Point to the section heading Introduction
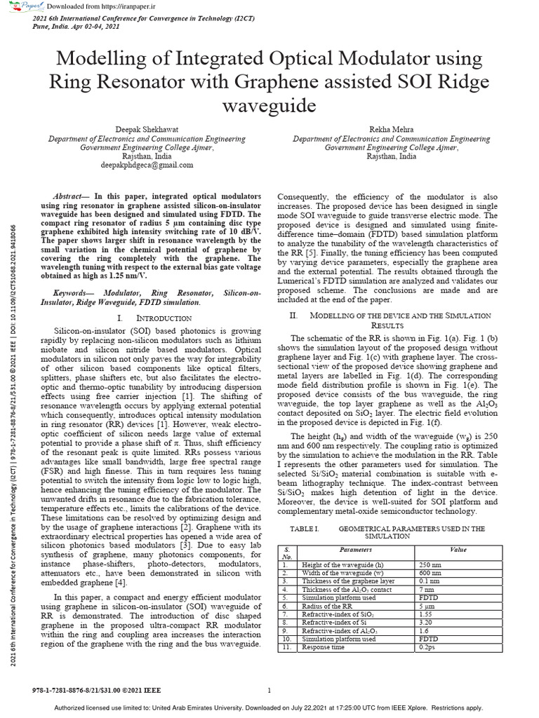(156, 319)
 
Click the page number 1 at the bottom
(269, 690)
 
